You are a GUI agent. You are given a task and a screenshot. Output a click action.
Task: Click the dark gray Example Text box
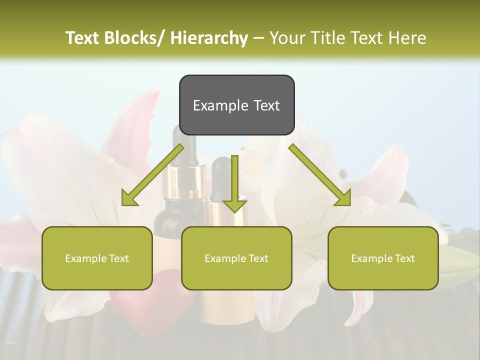click(x=236, y=105)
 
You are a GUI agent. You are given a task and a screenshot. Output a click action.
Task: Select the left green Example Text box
click(x=97, y=258)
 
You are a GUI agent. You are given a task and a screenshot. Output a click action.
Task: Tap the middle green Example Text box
click(x=236, y=258)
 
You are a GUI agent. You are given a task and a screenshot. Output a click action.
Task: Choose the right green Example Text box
click(x=383, y=258)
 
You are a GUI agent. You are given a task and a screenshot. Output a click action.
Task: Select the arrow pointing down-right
click(x=320, y=175)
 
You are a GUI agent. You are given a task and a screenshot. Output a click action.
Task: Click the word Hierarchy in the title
click(x=209, y=38)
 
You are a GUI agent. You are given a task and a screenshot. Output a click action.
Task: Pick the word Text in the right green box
click(x=404, y=258)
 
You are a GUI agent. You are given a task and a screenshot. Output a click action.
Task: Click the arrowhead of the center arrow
click(x=234, y=205)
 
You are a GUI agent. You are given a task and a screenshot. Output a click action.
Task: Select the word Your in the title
click(x=287, y=38)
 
